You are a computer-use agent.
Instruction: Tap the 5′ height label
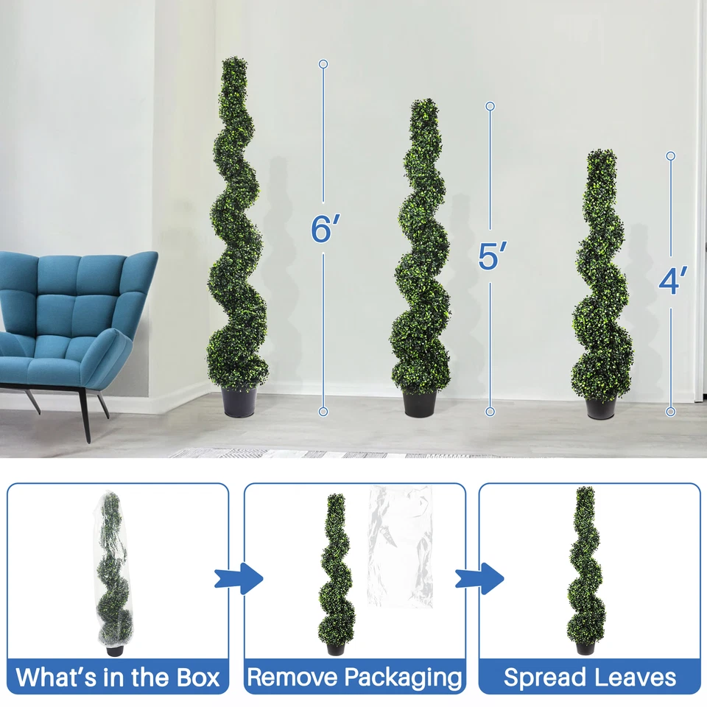pyautogui.click(x=491, y=256)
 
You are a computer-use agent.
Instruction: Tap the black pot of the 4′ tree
pyautogui.click(x=602, y=407)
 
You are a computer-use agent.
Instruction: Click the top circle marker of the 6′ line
pyautogui.click(x=323, y=64)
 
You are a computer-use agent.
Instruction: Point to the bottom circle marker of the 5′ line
pyautogui.click(x=490, y=412)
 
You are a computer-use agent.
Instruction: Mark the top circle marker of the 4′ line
pyautogui.click(x=670, y=156)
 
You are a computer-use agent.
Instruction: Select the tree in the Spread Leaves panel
pyautogui.click(x=585, y=567)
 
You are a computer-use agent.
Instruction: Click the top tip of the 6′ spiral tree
pyautogui.click(x=235, y=61)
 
